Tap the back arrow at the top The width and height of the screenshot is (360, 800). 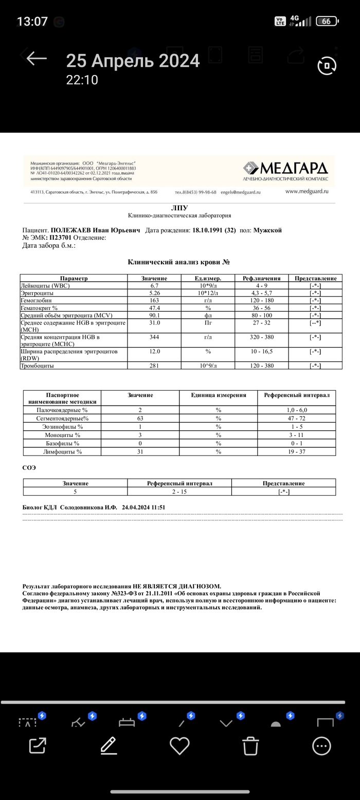click(x=37, y=58)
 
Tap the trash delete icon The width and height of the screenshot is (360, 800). click(x=250, y=746)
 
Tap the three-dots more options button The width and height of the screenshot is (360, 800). click(x=321, y=746)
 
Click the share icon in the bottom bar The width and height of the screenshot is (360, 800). click(x=38, y=746)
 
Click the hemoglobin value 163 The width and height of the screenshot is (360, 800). click(x=154, y=300)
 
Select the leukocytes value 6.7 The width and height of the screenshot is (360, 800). click(x=154, y=286)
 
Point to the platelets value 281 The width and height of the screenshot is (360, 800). click(x=154, y=366)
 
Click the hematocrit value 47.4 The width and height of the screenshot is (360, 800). click(x=154, y=307)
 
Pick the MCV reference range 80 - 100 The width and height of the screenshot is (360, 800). click(x=261, y=315)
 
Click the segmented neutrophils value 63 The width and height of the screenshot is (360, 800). click(x=140, y=419)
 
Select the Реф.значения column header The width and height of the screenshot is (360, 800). click(x=261, y=278)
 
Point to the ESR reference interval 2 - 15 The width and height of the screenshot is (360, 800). click(x=179, y=492)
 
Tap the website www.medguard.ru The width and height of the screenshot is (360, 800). click(x=307, y=191)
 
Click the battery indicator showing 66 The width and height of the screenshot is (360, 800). click(x=327, y=22)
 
